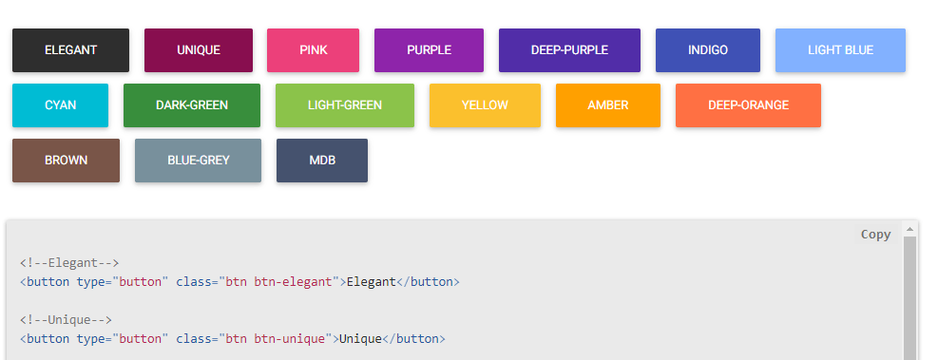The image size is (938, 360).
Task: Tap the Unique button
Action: click(198, 50)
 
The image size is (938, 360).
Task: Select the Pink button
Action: click(313, 50)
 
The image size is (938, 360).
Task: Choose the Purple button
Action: click(429, 50)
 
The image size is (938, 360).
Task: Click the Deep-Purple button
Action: click(569, 50)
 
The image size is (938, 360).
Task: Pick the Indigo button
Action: click(707, 50)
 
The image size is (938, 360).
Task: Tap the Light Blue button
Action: click(840, 50)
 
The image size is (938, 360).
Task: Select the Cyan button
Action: click(60, 105)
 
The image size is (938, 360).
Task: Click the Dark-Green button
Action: click(191, 105)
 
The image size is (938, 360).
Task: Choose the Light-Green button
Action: click(344, 105)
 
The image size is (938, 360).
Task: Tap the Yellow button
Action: click(485, 105)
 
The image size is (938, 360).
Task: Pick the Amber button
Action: click(607, 105)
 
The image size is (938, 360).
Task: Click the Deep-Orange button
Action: click(748, 105)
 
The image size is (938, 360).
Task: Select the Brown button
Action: click(66, 161)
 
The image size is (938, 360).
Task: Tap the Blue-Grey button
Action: click(198, 161)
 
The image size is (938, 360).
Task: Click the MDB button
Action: click(322, 161)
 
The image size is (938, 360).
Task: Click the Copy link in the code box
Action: click(875, 235)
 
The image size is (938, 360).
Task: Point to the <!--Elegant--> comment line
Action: click(69, 263)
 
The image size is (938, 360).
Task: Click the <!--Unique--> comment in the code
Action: click(66, 320)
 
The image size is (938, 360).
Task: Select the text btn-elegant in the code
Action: click(295, 282)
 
